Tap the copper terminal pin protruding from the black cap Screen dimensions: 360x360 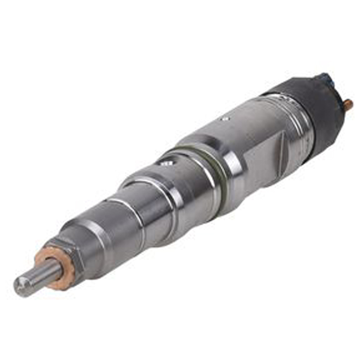click(x=348, y=103)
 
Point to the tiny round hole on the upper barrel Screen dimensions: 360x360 click(x=223, y=118)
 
